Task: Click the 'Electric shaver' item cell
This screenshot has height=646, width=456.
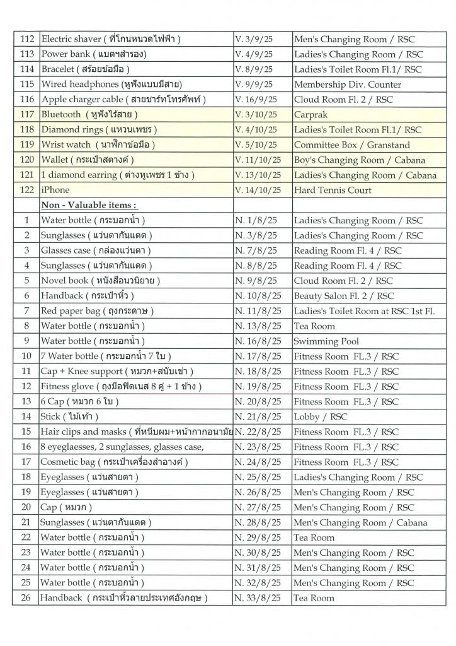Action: coord(111,40)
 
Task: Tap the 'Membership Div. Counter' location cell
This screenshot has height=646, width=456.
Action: coord(343,84)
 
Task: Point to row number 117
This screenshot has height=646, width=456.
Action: coord(26,114)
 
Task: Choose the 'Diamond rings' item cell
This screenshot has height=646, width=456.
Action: coord(98,129)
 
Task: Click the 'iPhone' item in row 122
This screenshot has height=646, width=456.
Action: coord(55,190)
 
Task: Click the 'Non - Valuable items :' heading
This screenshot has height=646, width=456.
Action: coord(88,205)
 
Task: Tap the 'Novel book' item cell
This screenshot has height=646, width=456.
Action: coord(101,281)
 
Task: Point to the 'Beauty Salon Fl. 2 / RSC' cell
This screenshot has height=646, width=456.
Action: coord(344,296)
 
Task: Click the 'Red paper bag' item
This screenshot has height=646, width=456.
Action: coord(97,311)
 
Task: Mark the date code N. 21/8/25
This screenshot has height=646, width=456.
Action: coord(259,417)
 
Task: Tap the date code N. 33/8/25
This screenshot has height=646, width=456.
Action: coord(259,598)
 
